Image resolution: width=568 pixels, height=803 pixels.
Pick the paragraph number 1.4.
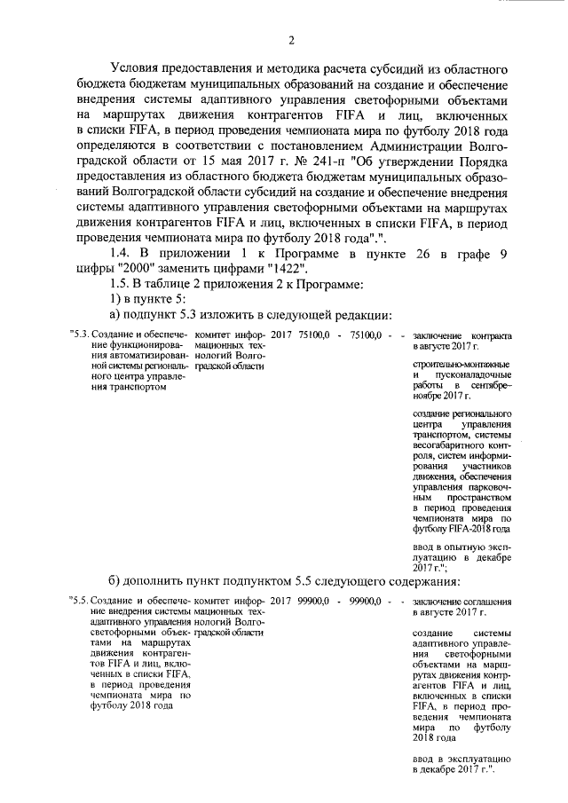[x=122, y=253]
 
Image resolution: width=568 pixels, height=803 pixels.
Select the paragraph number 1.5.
[x=122, y=284]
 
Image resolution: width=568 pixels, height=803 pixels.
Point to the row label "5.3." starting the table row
[x=77, y=335]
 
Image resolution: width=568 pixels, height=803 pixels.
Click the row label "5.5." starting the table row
[x=77, y=602]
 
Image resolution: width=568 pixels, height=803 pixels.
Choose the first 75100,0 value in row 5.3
[x=313, y=335]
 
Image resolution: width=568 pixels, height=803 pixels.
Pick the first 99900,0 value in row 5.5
[x=313, y=602]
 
